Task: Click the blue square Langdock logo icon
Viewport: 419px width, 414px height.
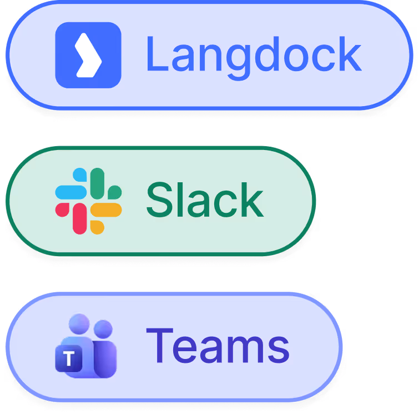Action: (x=88, y=55)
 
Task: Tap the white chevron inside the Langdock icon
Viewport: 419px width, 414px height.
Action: (x=89, y=55)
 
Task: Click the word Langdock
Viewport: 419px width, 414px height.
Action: (x=254, y=54)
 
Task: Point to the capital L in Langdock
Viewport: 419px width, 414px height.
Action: (x=157, y=54)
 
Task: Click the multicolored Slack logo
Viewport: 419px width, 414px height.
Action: (x=88, y=201)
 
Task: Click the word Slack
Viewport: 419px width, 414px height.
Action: (x=205, y=200)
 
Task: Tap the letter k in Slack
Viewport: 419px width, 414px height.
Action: (x=253, y=200)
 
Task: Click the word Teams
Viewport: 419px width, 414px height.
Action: (x=218, y=346)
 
